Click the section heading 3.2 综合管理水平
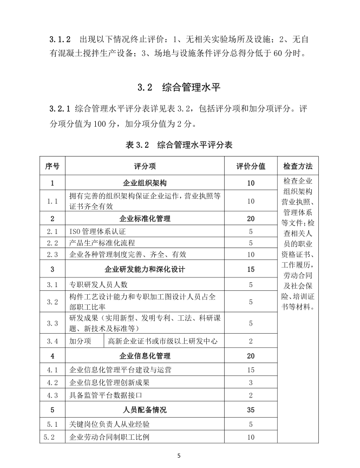pyautogui.click(x=180, y=87)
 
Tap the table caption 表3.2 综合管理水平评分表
pyautogui.click(x=180, y=145)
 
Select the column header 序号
pyautogui.click(x=53, y=166)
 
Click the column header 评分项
pyautogui.click(x=145, y=166)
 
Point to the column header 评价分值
pyautogui.click(x=251, y=166)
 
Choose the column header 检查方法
pyautogui.click(x=298, y=166)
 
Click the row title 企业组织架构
pyautogui.click(x=145, y=183)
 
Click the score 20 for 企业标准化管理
pyautogui.click(x=251, y=219)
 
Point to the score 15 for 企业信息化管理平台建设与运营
pyautogui.click(x=251, y=369)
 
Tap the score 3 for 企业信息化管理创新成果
pyautogui.click(x=251, y=382)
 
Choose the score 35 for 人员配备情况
pyautogui.click(x=251, y=409)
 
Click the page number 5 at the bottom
pyautogui.click(x=180, y=456)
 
